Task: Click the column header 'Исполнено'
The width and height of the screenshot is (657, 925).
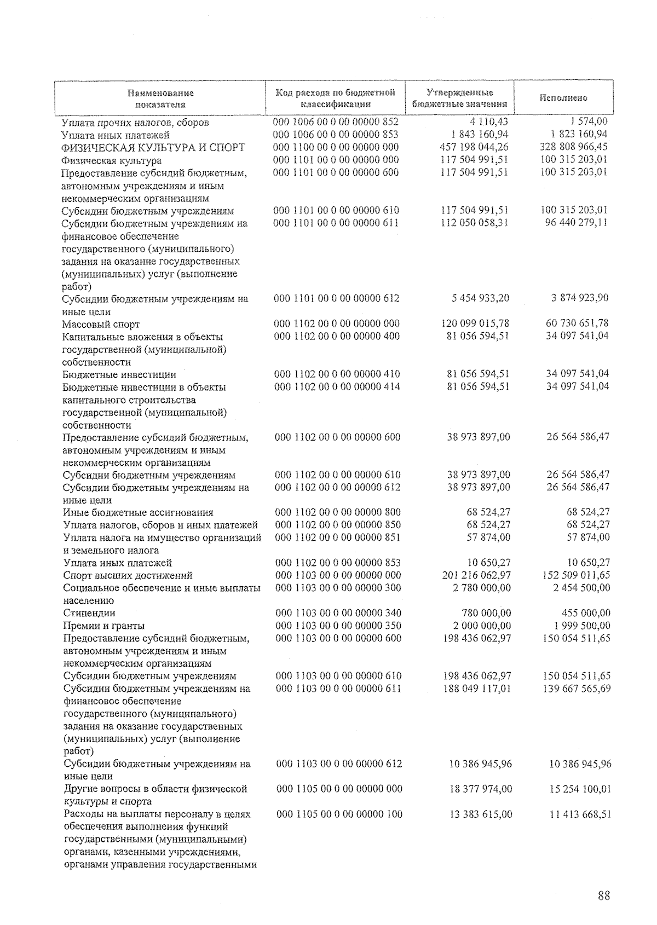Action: click(x=563, y=98)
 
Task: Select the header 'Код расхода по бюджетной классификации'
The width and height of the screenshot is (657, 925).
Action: click(x=335, y=98)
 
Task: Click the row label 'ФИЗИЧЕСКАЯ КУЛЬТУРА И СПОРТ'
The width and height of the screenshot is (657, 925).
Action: click(x=153, y=148)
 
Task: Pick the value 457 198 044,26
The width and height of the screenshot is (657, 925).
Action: click(x=474, y=147)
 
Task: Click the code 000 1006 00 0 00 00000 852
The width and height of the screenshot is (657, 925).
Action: click(x=336, y=122)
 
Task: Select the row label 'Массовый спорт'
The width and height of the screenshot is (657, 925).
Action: click(x=101, y=325)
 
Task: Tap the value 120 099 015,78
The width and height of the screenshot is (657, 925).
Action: click(x=475, y=323)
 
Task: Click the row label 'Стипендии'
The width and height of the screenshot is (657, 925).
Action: click(x=89, y=613)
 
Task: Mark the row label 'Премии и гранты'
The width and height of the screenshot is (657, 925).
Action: click(x=104, y=626)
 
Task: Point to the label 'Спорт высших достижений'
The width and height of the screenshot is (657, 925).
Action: click(x=128, y=575)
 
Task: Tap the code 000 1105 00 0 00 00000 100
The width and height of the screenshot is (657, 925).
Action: click(x=339, y=814)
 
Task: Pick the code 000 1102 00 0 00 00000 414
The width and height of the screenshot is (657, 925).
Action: click(x=337, y=387)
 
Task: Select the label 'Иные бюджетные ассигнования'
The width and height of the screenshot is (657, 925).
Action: click(x=138, y=513)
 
